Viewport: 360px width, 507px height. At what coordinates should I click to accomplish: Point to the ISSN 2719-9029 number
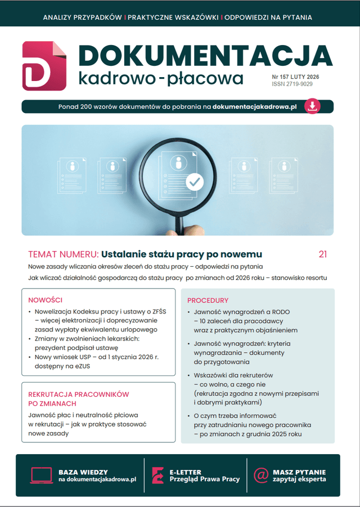click(292, 84)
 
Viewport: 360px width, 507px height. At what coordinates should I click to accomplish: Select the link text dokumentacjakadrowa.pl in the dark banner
click(254, 106)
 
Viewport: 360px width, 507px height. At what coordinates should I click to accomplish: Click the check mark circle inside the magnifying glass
click(195, 181)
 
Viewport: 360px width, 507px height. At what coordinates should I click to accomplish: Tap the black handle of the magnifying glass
click(179, 222)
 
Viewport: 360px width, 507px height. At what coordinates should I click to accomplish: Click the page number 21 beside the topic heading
click(322, 254)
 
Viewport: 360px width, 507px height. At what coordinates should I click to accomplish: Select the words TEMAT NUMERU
click(64, 254)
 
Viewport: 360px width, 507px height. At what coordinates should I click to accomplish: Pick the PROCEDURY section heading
click(208, 300)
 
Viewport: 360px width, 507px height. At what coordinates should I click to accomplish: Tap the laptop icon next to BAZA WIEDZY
click(41, 475)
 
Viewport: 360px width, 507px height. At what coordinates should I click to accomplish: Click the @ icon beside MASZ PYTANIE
click(260, 475)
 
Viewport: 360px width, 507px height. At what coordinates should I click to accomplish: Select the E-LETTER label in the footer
click(185, 472)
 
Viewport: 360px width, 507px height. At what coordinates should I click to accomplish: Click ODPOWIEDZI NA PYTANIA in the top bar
click(269, 17)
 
